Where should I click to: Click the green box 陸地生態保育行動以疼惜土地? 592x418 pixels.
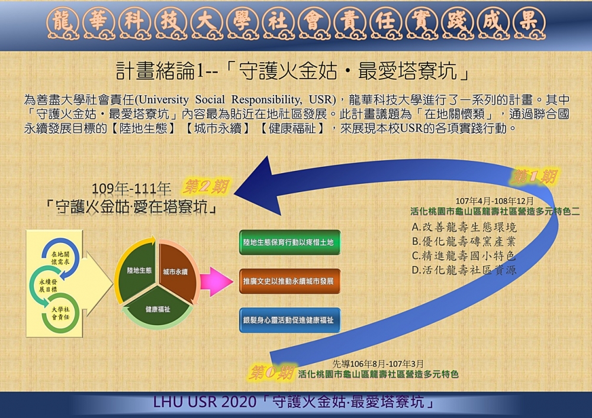(x=289, y=242)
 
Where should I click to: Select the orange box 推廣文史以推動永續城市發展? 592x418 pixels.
(x=289, y=281)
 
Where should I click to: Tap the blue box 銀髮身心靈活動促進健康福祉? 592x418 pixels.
(x=289, y=320)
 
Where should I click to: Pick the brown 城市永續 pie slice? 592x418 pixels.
(x=176, y=271)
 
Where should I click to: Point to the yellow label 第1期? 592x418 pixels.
(x=535, y=176)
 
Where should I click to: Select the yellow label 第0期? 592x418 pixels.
(x=272, y=372)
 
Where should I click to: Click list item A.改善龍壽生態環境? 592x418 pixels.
(x=464, y=227)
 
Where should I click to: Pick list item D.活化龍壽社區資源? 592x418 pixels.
(x=464, y=270)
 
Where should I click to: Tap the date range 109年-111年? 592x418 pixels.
(x=132, y=189)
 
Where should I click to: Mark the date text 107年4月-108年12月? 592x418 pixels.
(x=495, y=201)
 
